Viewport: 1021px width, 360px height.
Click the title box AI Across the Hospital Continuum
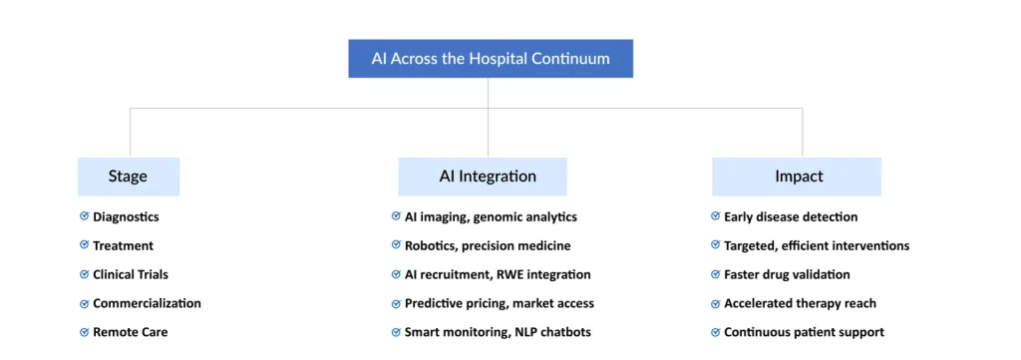click(x=491, y=59)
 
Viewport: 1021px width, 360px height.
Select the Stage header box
click(x=129, y=177)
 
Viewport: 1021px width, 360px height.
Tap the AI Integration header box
click(x=483, y=177)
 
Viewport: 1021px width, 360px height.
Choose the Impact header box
click(x=797, y=177)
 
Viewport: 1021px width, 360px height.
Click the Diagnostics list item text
click(x=126, y=216)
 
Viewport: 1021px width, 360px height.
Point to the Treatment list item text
click(x=123, y=245)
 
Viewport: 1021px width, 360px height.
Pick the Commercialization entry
click(x=147, y=303)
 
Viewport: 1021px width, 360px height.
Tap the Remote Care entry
click(x=130, y=332)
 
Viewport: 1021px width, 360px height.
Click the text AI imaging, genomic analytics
click(x=491, y=216)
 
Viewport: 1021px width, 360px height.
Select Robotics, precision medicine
click(x=488, y=245)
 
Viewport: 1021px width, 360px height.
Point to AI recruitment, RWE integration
click(x=498, y=274)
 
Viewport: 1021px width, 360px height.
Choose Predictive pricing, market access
click(x=501, y=303)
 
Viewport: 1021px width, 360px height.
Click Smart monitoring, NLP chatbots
click(x=499, y=332)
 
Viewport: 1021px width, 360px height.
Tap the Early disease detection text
click(x=791, y=216)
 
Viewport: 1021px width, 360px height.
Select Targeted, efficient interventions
click(x=817, y=245)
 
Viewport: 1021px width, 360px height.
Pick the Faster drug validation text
click(x=787, y=274)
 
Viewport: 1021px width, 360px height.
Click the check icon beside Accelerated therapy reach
click(x=716, y=303)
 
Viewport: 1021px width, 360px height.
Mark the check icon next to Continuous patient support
click(x=716, y=332)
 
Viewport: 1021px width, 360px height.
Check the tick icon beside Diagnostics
click(x=85, y=216)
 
